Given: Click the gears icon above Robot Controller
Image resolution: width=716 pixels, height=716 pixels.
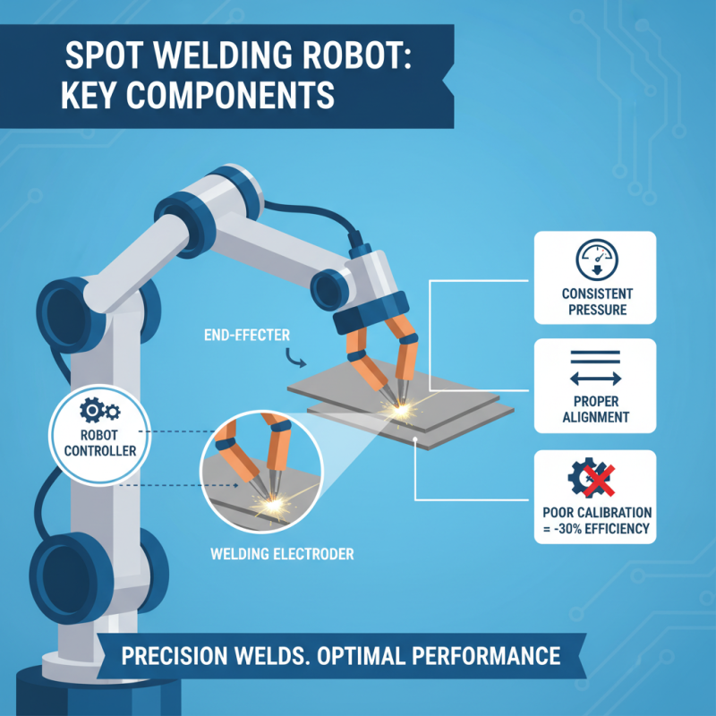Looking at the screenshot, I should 99,413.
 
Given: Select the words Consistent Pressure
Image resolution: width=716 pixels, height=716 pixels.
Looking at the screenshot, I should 596,303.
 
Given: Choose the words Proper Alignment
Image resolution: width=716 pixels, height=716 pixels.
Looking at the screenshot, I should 596,408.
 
